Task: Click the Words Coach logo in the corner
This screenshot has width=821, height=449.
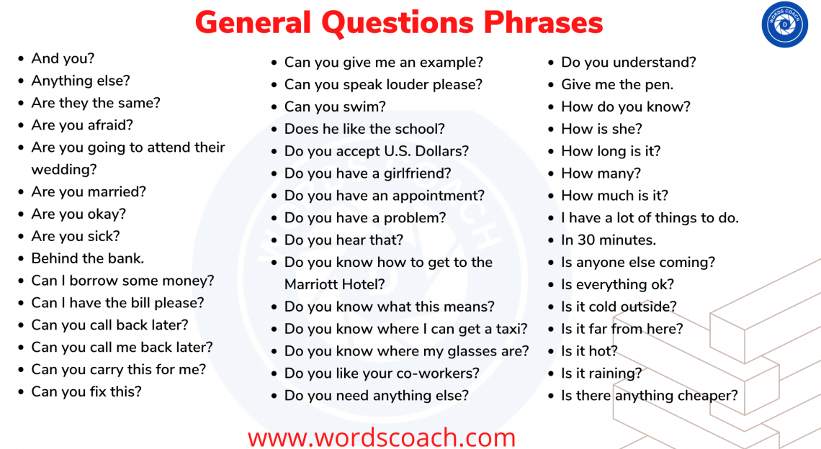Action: click(x=784, y=25)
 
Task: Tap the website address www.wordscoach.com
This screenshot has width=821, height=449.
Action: click(x=382, y=437)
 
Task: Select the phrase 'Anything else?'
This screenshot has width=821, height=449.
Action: click(x=81, y=81)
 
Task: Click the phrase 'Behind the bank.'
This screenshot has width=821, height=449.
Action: click(x=87, y=258)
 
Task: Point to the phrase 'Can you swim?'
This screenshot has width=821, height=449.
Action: click(x=335, y=106)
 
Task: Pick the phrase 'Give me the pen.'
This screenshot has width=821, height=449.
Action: click(x=617, y=84)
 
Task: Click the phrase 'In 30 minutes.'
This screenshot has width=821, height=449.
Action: click(x=609, y=240)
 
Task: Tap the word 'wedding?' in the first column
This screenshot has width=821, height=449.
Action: click(x=64, y=170)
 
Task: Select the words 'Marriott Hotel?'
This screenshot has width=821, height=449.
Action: click(x=335, y=284)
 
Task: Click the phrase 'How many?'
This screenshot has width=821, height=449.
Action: click(x=601, y=173)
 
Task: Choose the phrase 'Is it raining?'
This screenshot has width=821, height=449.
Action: click(x=601, y=373)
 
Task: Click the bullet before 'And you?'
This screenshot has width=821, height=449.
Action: click(x=21, y=59)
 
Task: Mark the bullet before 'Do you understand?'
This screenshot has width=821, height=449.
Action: click(x=551, y=63)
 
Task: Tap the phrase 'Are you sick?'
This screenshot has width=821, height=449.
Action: click(x=76, y=236)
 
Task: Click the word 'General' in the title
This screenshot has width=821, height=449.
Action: click(x=254, y=23)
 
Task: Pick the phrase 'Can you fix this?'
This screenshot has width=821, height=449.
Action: click(x=86, y=391)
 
